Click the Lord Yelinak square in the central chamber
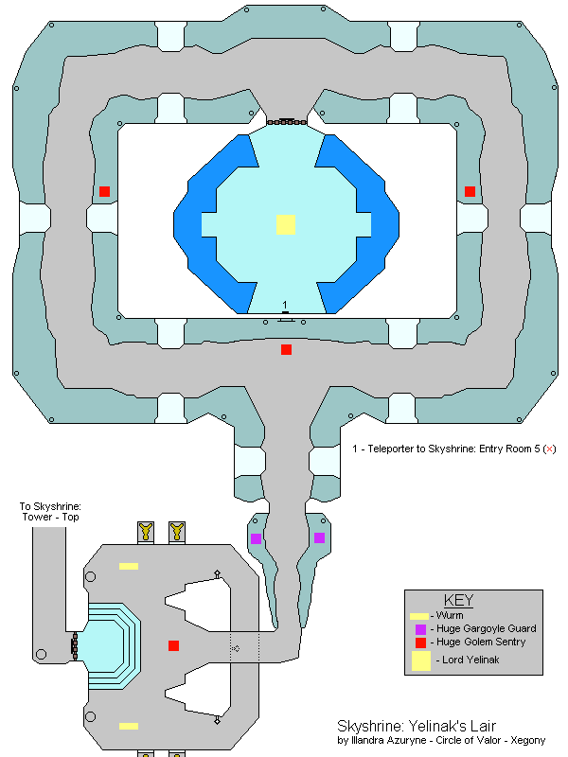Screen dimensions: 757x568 [285, 224]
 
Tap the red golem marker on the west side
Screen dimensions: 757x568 [104, 191]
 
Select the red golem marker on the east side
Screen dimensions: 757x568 [470, 191]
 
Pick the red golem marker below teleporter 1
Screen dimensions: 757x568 [286, 350]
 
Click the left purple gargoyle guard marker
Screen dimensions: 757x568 [256, 538]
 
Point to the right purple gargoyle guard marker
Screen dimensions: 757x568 [319, 538]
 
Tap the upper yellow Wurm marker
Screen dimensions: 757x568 [128, 566]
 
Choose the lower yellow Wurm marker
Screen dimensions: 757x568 [128, 726]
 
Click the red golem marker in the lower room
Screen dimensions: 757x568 [173, 645]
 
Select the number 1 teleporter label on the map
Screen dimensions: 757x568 [285, 305]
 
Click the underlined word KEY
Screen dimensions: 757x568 [458, 601]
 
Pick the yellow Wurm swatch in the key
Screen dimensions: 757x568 [419, 616]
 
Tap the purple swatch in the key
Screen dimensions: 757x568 [420, 629]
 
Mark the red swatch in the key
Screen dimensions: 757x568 [420, 643]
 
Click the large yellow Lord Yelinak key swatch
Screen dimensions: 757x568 [420, 660]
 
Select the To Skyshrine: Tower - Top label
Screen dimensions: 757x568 [51, 512]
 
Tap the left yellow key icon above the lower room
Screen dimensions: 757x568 [146, 531]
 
